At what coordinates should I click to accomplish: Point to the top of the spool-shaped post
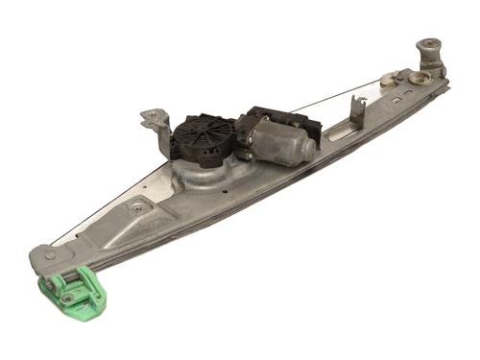tap(428, 44)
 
